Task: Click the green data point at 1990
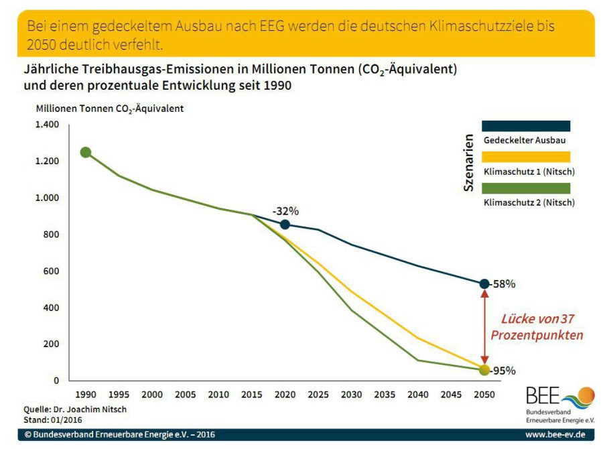[x=85, y=152]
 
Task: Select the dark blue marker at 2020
[x=285, y=224]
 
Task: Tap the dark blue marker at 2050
[x=484, y=283]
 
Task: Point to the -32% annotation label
[x=285, y=210]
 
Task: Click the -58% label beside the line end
[x=503, y=283]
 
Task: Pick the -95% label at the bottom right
[x=503, y=371]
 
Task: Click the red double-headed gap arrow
[x=484, y=327]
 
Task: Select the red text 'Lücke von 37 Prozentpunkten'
[x=537, y=326]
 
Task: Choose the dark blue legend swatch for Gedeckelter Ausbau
[x=526, y=126]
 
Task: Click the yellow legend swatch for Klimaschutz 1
[x=526, y=157]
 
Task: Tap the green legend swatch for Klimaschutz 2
[x=526, y=188]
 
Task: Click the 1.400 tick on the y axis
[x=48, y=125]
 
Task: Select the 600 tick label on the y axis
[x=52, y=271]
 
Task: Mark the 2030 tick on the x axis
[x=352, y=395]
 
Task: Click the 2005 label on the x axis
[x=185, y=395]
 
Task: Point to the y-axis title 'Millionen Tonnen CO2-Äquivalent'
[x=109, y=108]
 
